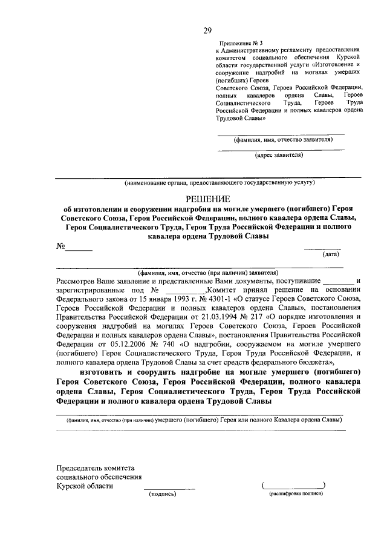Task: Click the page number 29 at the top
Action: (x=207, y=31)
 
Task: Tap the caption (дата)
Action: (x=331, y=255)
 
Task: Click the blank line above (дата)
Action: (x=322, y=249)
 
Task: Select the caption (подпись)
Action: (x=162, y=494)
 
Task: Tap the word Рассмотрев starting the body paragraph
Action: (x=76, y=281)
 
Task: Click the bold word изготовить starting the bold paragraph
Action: (x=102, y=371)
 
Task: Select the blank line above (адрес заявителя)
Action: (x=281, y=149)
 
